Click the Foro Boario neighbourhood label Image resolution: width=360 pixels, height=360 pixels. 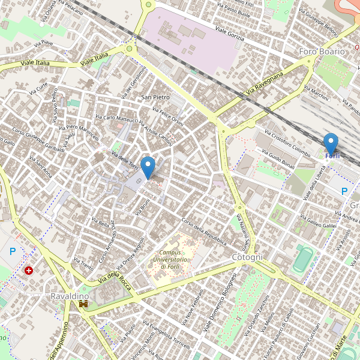click(322, 52)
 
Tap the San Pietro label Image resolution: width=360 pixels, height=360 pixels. click(155, 97)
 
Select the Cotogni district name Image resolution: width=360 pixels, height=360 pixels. click(247, 257)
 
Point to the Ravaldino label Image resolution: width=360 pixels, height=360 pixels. click(70, 296)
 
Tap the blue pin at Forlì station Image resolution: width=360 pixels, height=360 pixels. click(331, 144)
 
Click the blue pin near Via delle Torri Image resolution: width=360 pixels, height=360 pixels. click(148, 166)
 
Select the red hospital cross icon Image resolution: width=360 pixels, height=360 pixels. click(29, 271)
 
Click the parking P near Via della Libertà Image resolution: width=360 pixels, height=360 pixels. click(344, 192)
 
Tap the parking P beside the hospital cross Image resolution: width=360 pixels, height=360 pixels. click(12, 252)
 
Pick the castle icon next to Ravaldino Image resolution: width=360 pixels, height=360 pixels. click(83, 304)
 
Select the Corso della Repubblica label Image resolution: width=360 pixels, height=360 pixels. click(203, 231)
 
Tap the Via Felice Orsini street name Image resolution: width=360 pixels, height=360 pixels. click(167, 116)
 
